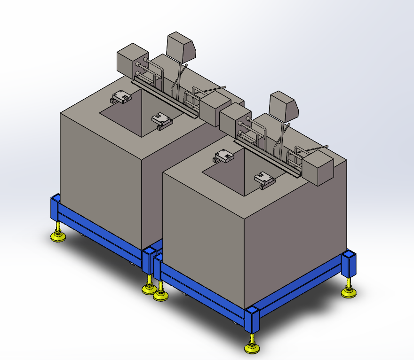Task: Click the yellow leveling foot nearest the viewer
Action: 253,347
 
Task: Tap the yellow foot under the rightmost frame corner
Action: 349,293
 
